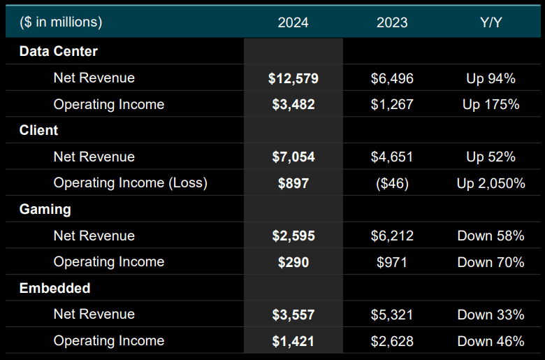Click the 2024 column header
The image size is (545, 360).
[x=293, y=22]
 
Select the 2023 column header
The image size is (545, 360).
[x=392, y=22]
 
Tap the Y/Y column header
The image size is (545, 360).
[x=490, y=22]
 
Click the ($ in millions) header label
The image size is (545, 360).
[x=61, y=22]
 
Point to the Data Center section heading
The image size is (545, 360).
[x=59, y=51]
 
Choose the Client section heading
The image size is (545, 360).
[x=39, y=130]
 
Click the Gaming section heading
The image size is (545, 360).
[x=45, y=209]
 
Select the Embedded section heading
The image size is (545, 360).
[x=55, y=288]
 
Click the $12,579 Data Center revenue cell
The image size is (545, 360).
[x=293, y=78]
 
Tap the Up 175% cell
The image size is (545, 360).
[x=490, y=104]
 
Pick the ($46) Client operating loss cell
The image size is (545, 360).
[x=392, y=183]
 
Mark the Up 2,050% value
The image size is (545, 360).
[x=490, y=183]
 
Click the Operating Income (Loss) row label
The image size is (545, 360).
[x=131, y=183]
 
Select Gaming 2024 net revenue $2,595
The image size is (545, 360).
[x=293, y=236]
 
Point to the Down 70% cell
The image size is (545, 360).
[x=490, y=261]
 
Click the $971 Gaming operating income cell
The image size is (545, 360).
[x=392, y=261]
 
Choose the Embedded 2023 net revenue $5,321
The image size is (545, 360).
[x=392, y=315]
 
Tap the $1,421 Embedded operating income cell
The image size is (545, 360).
[x=293, y=340]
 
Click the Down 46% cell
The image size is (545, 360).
[x=490, y=340]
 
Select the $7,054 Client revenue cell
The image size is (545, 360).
[x=293, y=157]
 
